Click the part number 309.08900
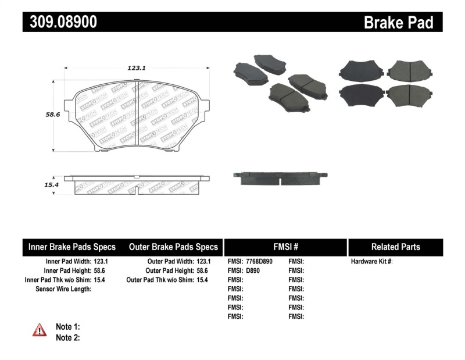(60, 22)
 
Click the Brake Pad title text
(398, 23)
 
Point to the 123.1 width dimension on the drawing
(136, 68)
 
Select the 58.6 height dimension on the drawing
(53, 115)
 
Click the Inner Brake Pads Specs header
(72, 247)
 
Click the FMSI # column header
(285, 247)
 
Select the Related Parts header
(395, 247)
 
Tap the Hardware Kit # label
(371, 262)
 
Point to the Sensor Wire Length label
(63, 288)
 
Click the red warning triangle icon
(40, 330)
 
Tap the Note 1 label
(67, 326)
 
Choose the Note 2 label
(67, 337)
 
